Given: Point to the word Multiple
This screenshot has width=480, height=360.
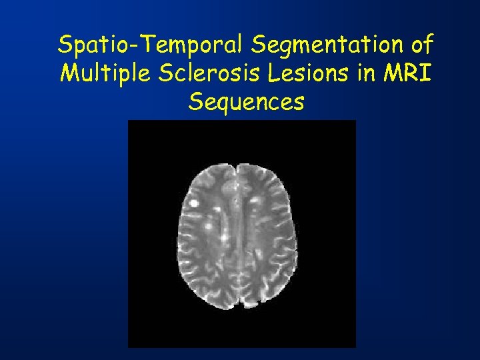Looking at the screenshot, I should click(x=103, y=73).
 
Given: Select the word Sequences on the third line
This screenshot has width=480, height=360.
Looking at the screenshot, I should click(x=246, y=102).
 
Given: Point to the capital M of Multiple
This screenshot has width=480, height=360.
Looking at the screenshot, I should click(x=69, y=73).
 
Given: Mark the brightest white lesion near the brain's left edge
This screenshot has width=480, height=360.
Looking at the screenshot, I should click(x=195, y=201).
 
